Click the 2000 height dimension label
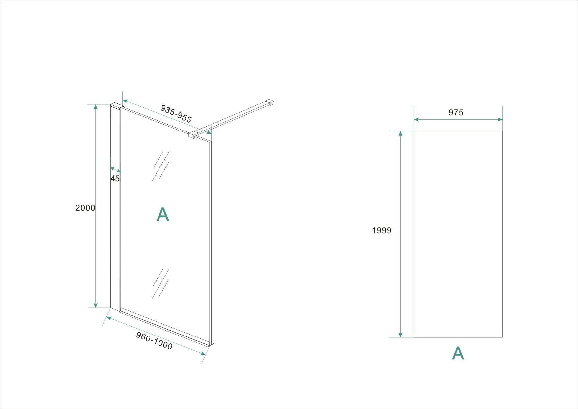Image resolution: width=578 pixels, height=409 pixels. pyautogui.click(x=85, y=208)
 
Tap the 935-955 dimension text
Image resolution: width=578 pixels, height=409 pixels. pyautogui.click(x=176, y=114)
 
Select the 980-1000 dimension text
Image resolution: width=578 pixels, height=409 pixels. pyautogui.click(x=154, y=340)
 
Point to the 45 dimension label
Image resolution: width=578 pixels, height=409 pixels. pyautogui.click(x=115, y=179)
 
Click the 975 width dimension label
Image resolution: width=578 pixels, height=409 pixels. pyautogui.click(x=456, y=113)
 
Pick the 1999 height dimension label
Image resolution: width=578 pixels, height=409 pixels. pyautogui.click(x=382, y=231)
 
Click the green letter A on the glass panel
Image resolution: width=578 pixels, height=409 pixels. pyautogui.click(x=163, y=215)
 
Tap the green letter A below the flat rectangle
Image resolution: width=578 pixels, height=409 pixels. pyautogui.click(x=458, y=353)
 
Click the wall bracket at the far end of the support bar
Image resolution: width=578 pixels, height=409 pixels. pyautogui.click(x=270, y=102)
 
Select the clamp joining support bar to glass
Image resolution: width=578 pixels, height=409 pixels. pyautogui.click(x=193, y=134)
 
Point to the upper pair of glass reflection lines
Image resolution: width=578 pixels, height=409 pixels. pyautogui.click(x=161, y=166)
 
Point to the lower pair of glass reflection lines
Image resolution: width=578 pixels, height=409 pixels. pyautogui.click(x=161, y=283)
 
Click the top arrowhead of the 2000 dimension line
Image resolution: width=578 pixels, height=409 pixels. pyautogui.click(x=96, y=107)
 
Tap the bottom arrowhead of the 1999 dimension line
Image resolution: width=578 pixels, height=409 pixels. pyautogui.click(x=400, y=335)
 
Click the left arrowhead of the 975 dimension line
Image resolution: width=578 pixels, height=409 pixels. pyautogui.click(x=416, y=119)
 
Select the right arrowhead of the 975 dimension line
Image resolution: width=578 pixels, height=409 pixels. pyautogui.click(x=500, y=119)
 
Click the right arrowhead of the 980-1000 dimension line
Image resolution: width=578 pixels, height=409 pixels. pyautogui.click(x=203, y=354)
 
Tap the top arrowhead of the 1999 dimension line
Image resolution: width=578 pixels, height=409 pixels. pyautogui.click(x=400, y=133)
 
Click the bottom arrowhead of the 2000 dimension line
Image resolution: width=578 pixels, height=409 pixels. pyautogui.click(x=96, y=305)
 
